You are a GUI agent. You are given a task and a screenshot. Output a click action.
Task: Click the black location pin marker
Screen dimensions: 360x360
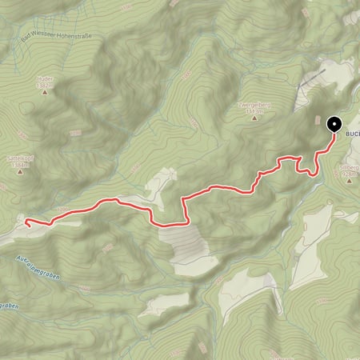pos(334,123)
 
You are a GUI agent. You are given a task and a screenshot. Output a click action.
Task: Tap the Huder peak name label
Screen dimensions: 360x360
pos(44,79)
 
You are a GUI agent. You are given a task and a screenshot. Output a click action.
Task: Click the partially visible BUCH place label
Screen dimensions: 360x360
pos(352,135)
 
